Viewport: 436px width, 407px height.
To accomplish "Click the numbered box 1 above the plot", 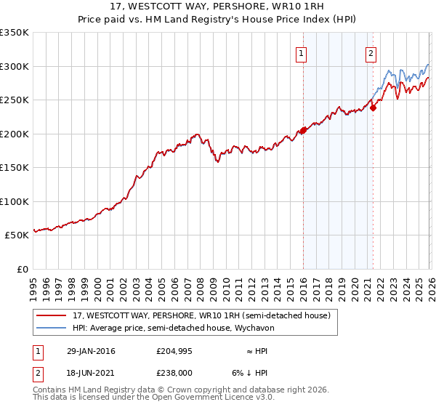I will coord(300,52).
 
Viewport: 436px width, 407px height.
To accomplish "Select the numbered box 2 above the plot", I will coord(371,52).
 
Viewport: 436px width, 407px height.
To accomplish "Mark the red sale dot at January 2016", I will coord(303,131).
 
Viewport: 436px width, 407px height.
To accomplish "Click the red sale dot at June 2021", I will coord(373,108).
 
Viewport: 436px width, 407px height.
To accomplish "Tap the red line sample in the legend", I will coord(51,315).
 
